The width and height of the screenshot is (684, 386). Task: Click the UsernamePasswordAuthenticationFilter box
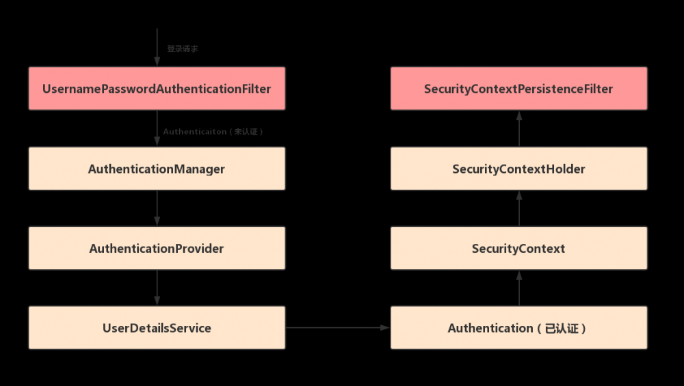[157, 89]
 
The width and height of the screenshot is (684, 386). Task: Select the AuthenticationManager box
[157, 169]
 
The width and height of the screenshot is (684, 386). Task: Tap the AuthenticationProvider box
[157, 249]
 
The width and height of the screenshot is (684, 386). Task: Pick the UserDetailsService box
[157, 328]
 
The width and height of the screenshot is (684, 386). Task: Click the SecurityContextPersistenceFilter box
[518, 89]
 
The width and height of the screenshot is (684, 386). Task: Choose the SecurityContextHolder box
[518, 169]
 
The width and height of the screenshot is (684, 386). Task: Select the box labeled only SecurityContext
[518, 249]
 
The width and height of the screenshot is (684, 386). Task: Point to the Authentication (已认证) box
[518, 328]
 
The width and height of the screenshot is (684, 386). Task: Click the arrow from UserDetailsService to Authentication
[337, 328]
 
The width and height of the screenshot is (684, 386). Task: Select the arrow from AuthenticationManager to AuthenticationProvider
[157, 208]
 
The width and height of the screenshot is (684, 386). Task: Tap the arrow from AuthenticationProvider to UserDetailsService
[157, 288]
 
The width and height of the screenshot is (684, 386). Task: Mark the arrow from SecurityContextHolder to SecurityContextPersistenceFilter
[518, 128]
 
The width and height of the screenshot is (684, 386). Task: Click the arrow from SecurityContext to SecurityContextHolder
[518, 208]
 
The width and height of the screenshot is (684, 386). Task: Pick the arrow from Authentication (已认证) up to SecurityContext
[518, 288]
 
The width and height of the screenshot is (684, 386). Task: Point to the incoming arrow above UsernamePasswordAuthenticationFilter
[157, 48]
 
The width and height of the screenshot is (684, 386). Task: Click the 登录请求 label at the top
[183, 49]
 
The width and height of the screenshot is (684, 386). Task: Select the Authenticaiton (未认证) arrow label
[213, 132]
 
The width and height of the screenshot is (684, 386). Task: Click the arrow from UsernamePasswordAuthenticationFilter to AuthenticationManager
[157, 128]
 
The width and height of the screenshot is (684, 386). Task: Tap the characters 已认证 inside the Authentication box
[562, 329]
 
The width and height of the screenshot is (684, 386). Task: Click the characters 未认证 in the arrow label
[246, 132]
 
